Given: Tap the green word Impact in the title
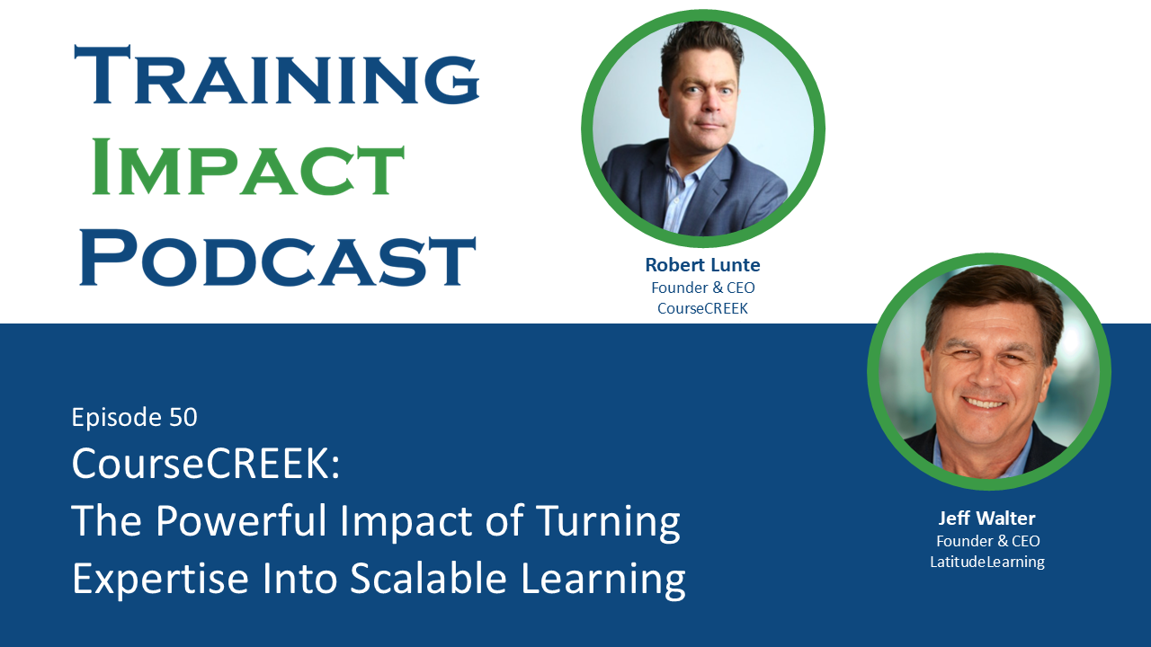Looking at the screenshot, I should point(248,167).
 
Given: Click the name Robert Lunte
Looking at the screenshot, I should point(701,265).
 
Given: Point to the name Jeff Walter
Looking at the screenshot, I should point(986,518).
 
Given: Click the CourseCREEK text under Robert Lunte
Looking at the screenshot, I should point(701,309).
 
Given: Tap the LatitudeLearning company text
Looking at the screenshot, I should point(986,563).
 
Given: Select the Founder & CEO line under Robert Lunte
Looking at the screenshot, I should point(701,288).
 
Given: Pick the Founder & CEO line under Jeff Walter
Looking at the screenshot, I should point(987,541).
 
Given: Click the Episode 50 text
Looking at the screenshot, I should point(134,417).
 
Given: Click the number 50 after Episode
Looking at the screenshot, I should point(183,417).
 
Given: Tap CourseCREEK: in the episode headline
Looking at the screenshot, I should point(206,464).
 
